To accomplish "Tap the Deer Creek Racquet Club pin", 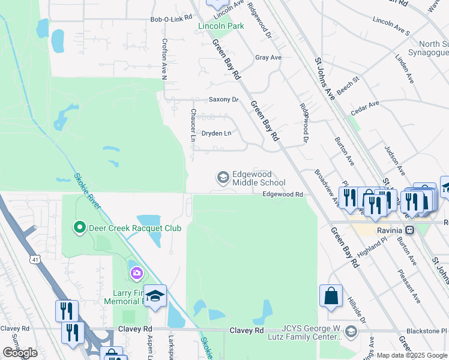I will (79, 227).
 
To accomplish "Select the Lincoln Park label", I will (221, 26).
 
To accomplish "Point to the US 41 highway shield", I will (37, 259).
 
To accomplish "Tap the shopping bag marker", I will (331, 296).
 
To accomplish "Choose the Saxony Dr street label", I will (223, 100).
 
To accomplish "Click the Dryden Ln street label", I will (216, 133).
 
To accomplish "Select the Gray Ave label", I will (268, 58).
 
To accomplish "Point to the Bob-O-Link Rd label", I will (170, 20).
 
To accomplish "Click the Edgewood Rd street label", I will (282, 194).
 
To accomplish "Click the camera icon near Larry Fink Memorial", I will (137, 274).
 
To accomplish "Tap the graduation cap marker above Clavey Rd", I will (155, 296).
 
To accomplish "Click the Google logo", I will (20, 353).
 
